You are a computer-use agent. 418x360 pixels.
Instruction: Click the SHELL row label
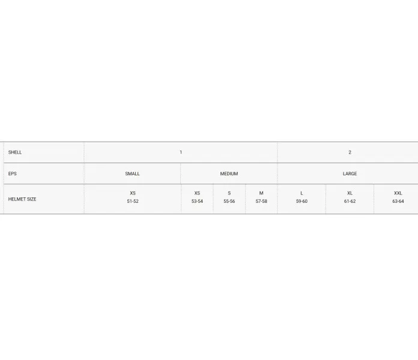15,152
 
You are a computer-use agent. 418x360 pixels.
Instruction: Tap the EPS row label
12,173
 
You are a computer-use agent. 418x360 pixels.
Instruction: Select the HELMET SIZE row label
22,199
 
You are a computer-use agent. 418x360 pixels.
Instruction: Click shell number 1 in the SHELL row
181,152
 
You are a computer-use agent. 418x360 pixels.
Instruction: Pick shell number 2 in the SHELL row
350,152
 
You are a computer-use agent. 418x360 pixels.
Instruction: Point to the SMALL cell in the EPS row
133,173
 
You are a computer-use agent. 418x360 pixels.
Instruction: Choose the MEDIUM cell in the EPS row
229,173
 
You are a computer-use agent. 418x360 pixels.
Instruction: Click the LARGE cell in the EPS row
350,173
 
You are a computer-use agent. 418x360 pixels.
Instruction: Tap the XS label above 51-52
133,193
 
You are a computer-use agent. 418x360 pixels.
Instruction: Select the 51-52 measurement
133,202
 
